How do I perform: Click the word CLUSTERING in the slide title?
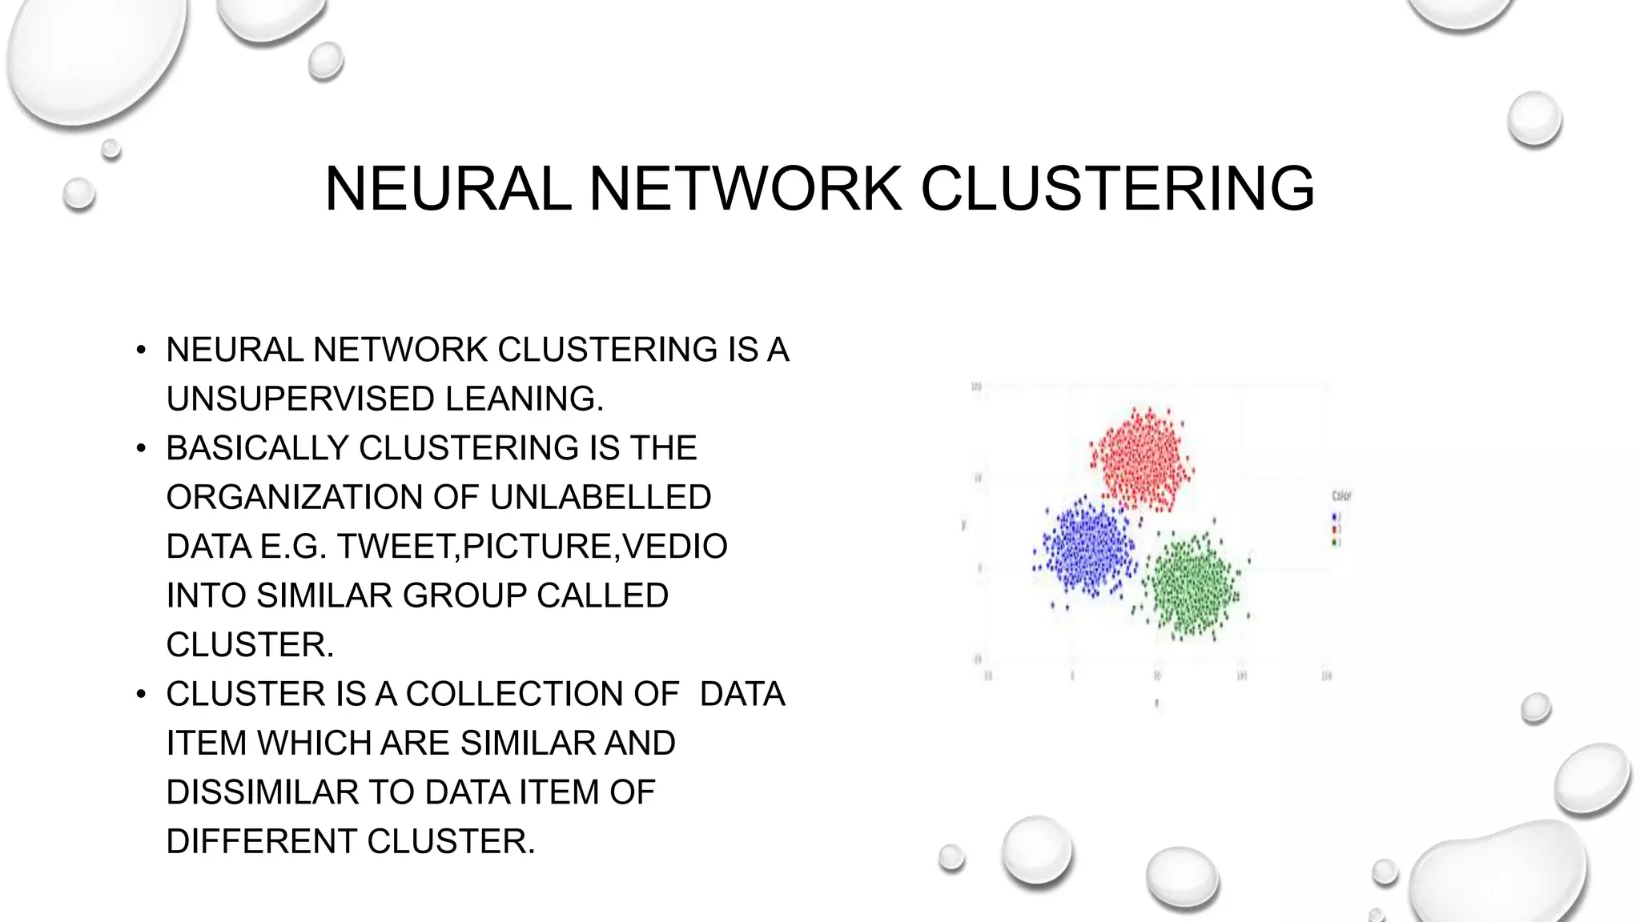click(1117, 189)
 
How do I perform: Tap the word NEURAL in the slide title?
click(448, 189)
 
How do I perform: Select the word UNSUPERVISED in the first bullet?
click(300, 399)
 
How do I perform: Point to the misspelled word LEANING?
click(524, 399)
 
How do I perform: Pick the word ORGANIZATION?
click(294, 497)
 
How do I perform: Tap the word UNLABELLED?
click(600, 497)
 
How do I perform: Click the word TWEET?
click(396, 547)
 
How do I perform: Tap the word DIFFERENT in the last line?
click(261, 841)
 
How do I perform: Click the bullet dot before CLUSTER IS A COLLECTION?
click(141, 694)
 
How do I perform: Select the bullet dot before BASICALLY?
click(141, 448)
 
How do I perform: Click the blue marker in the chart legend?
click(1335, 517)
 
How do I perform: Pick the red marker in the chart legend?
click(1335, 530)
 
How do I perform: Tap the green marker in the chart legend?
click(1335, 543)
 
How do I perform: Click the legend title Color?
click(1341, 496)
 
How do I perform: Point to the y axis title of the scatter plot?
click(963, 525)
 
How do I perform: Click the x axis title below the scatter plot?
click(1156, 704)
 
